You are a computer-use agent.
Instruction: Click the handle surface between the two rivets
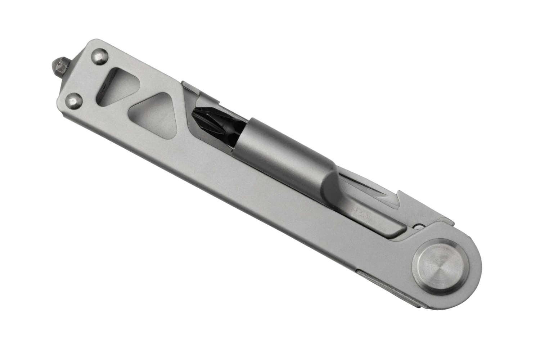point(86,78)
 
